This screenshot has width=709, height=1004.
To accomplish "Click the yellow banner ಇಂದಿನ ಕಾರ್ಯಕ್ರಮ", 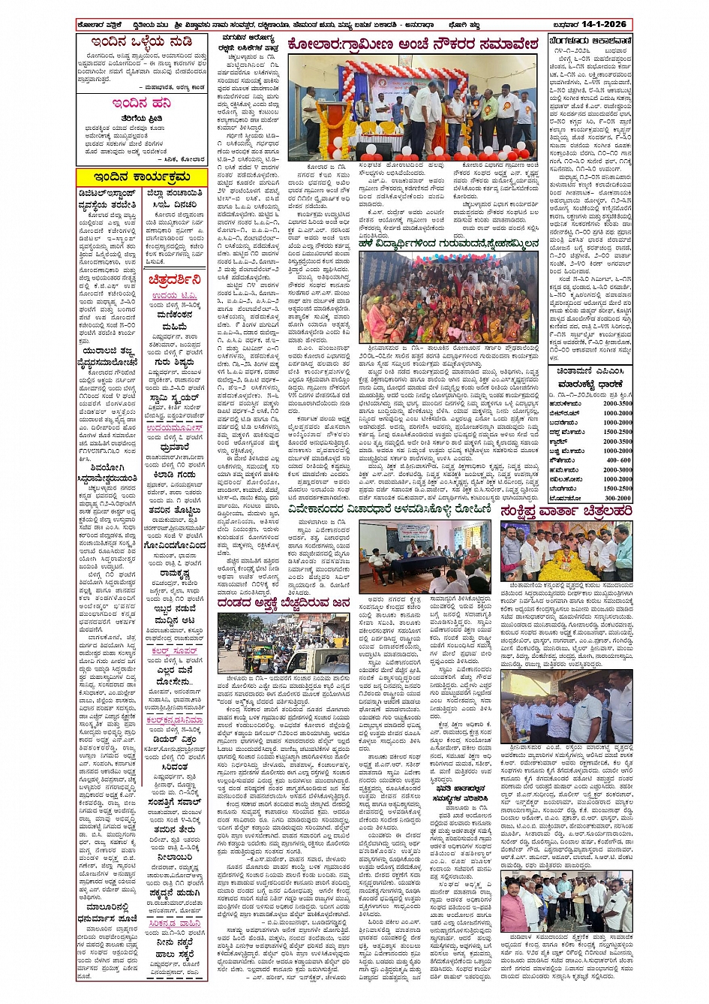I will pyautogui.click(x=141, y=177).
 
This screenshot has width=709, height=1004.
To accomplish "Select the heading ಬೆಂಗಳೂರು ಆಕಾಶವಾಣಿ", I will pyautogui.click(x=590, y=41).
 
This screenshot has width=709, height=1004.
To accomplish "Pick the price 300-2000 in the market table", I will pyautogui.click(x=617, y=498).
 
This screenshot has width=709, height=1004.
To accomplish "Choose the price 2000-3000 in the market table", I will pyautogui.click(x=617, y=470).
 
